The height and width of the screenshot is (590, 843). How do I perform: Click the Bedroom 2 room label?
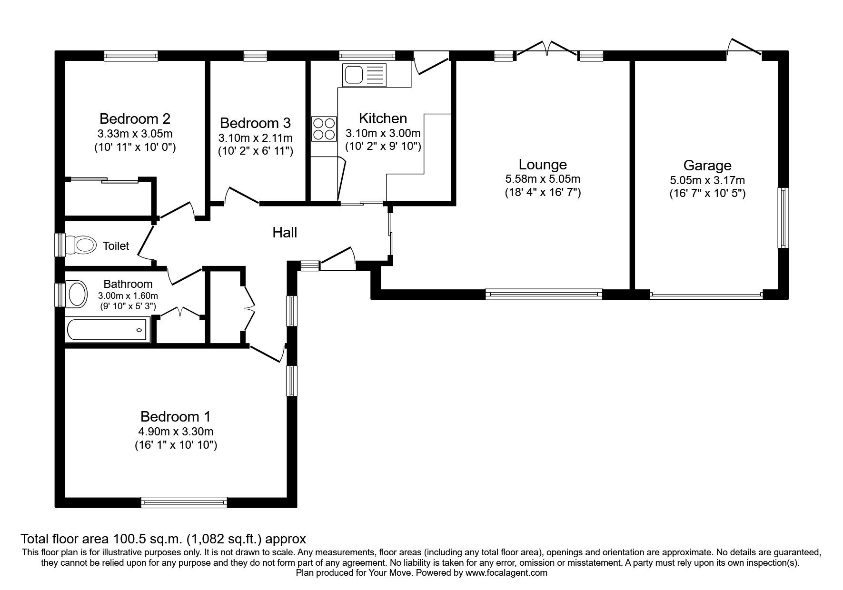(135, 118)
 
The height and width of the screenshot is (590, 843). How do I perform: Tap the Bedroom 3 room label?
(255, 123)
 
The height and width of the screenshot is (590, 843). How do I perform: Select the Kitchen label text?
(383, 118)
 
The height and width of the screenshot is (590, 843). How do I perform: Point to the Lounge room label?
(543, 165)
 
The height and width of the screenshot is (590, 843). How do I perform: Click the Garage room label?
(707, 166)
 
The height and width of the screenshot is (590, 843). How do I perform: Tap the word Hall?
(285, 233)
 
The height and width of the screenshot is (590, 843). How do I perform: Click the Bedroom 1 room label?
(175, 417)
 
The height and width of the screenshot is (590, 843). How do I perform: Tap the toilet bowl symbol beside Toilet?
(79, 246)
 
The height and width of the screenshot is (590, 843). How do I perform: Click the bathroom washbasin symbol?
(77, 294)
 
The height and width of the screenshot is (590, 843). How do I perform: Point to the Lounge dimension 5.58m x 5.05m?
(543, 179)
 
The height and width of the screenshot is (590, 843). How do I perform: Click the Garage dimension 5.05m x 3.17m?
(707, 180)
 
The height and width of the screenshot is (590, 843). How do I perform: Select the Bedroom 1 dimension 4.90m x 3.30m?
(175, 432)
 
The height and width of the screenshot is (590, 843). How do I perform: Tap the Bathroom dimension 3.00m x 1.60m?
(128, 296)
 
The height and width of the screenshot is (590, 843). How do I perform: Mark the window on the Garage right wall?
(783, 218)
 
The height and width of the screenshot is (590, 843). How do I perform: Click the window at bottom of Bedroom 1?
(184, 502)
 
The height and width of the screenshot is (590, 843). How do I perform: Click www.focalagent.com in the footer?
(506, 573)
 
